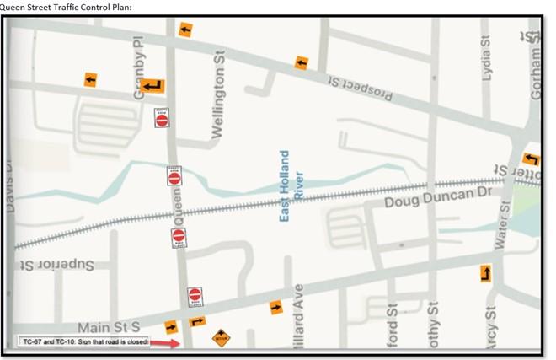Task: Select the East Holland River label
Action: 291,186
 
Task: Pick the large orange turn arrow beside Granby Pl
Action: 153,85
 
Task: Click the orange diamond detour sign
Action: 221,338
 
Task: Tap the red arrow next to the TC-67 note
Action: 168,343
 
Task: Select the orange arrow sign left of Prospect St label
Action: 301,62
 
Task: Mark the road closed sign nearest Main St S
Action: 195,296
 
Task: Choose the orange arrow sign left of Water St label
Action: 486,273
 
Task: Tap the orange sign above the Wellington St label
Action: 184,30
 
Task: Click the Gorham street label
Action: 536,67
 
